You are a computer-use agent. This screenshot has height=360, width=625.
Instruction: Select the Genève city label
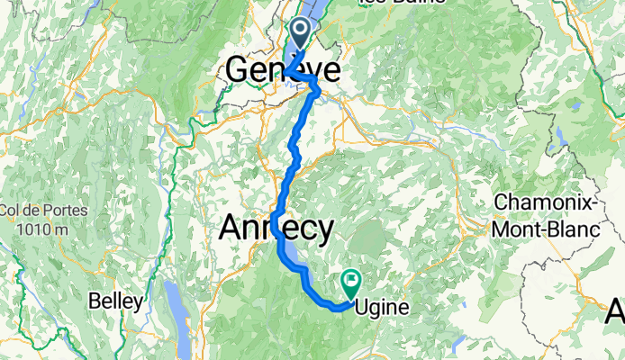(x=284, y=70)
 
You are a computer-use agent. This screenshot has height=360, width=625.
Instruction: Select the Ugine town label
(x=384, y=308)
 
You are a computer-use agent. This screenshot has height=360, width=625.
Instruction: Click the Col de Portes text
(x=34, y=211)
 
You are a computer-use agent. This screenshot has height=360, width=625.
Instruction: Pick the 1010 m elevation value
(x=34, y=229)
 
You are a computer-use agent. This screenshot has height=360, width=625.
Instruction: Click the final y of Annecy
(x=322, y=231)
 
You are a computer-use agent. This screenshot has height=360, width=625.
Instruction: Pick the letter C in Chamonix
(x=501, y=202)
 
